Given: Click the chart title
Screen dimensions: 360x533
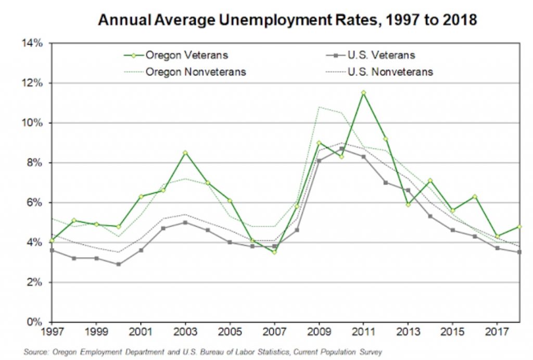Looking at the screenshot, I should tap(288, 20).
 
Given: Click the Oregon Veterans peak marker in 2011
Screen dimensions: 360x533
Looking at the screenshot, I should tap(363, 93).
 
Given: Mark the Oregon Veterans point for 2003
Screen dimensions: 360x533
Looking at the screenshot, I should tap(185, 153).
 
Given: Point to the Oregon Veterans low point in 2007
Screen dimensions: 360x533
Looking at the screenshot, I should tap(274, 252).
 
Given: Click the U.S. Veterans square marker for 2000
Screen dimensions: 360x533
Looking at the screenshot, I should tap(118, 264).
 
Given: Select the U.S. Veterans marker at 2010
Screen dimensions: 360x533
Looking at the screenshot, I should tap(341, 148).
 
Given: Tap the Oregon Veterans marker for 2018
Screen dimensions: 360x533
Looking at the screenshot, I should tap(519, 227).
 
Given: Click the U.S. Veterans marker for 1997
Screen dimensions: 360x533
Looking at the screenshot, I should tap(52, 250).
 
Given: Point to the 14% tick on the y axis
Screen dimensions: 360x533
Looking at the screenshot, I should tap(32, 43).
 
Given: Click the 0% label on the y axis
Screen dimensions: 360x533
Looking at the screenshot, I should tap(34, 322).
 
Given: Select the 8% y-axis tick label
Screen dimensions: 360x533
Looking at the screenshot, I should tap(34, 163).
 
